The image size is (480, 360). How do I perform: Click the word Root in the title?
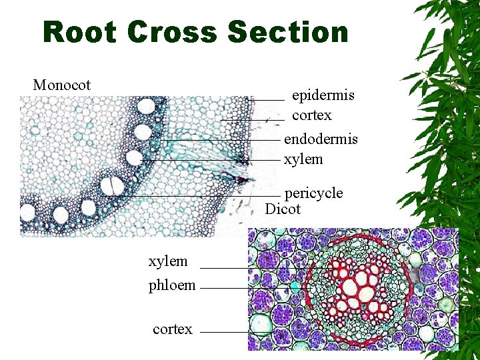tap(79, 32)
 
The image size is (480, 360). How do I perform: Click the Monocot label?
tap(62, 85)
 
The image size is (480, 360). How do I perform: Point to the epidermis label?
tap(323, 95)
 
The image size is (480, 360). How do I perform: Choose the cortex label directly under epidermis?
tap(311, 115)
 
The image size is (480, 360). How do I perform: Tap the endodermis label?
tap(321, 139)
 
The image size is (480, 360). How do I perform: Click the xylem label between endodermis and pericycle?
tap(303, 159)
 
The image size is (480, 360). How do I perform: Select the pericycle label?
tap(313, 193)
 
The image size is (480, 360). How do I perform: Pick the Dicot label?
tap(283, 209)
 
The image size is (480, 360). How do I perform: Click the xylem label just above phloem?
tap(168, 261)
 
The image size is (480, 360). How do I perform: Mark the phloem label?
tap(172, 285)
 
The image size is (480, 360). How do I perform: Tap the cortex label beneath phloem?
tap(172, 329)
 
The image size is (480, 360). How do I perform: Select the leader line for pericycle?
tap(200, 195)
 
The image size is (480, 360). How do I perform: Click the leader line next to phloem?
tap(224, 289)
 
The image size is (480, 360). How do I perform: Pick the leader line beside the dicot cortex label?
tap(224, 332)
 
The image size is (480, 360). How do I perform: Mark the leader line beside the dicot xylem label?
tap(224, 268)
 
